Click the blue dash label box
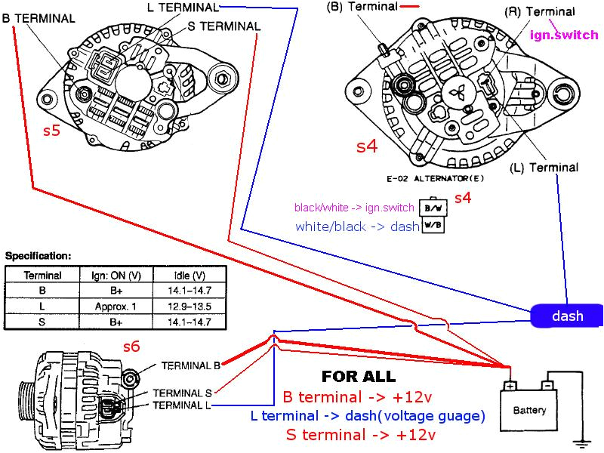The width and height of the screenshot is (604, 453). coord(567,316)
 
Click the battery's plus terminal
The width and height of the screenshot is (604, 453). coord(510,386)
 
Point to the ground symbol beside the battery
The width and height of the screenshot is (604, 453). coord(582,442)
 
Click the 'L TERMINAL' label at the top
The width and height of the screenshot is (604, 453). coord(181,8)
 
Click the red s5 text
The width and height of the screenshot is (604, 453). coord(51,131)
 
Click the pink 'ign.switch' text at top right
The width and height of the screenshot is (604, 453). coord(564,35)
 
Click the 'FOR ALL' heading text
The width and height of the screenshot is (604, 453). coord(358,376)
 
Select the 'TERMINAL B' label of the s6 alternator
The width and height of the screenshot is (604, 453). coord(190,365)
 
